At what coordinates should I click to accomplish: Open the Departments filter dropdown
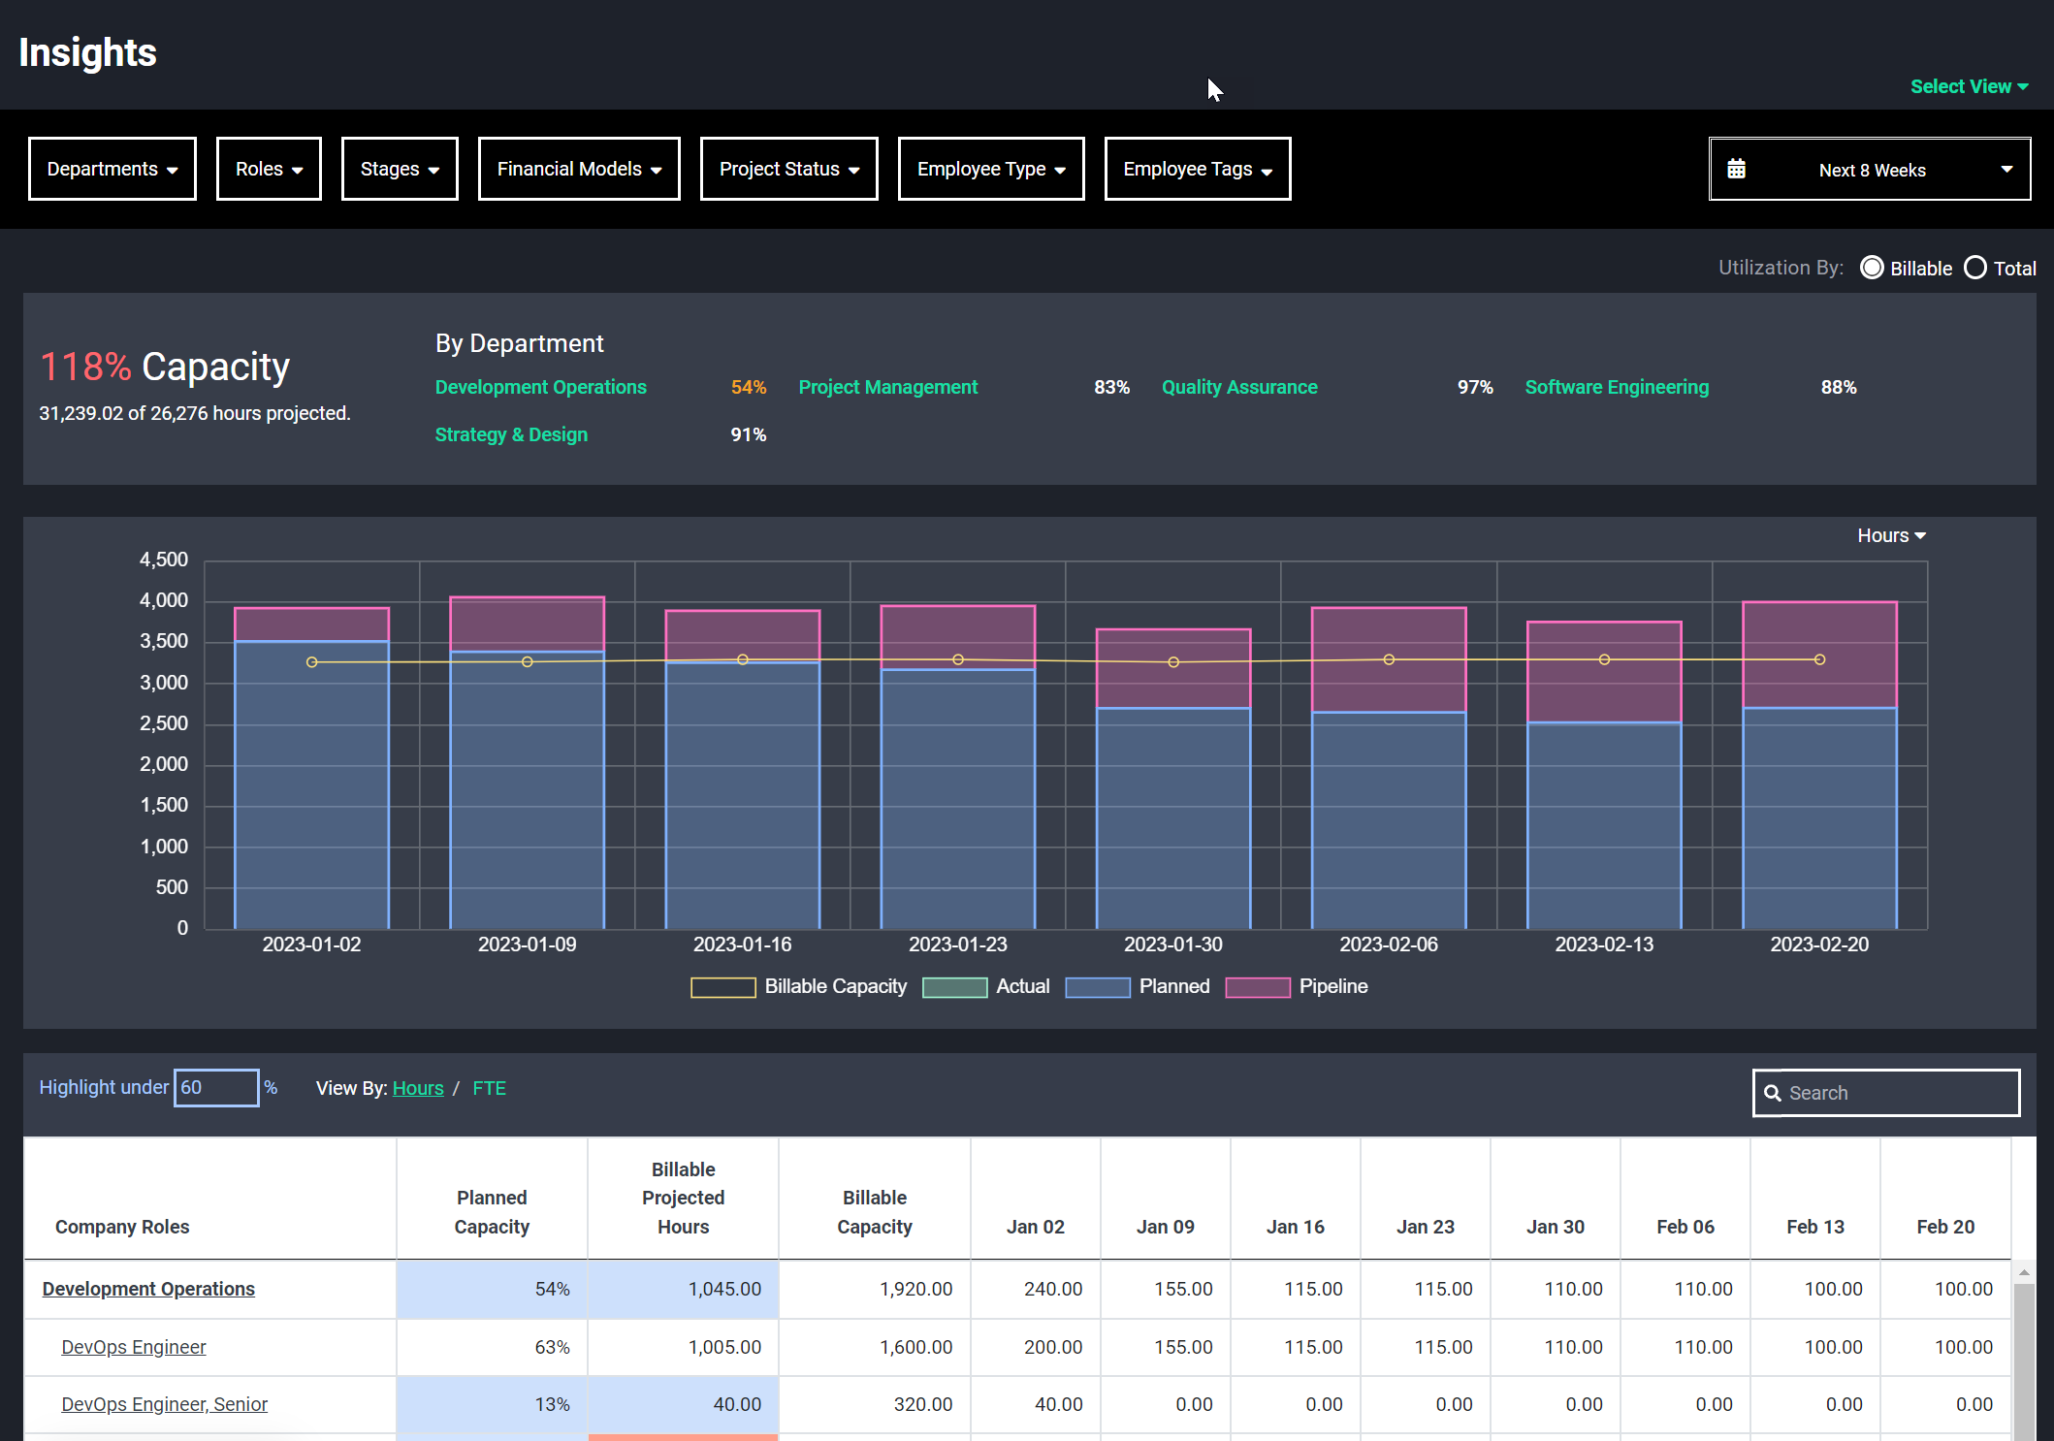pyautogui.click(x=112, y=169)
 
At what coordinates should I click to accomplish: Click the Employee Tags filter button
pyautogui.click(x=1197, y=169)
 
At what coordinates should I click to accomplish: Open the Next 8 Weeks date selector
pyautogui.click(x=1869, y=170)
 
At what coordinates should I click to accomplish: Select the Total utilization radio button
pyautogui.click(x=1975, y=268)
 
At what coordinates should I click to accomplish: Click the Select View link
pyautogui.click(x=1968, y=86)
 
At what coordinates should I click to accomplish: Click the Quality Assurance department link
pyautogui.click(x=1238, y=387)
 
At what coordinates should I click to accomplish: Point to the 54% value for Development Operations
pyautogui.click(x=748, y=387)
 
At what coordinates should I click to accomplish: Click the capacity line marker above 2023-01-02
pyautogui.click(x=311, y=662)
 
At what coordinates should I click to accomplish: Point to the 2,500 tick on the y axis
pyautogui.click(x=164, y=723)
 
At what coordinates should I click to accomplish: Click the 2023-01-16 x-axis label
pyautogui.click(x=742, y=945)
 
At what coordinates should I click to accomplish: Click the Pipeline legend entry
pyautogui.click(x=1297, y=986)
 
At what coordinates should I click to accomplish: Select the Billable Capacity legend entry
pyautogui.click(x=799, y=986)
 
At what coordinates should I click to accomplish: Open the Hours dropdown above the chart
pyautogui.click(x=1890, y=535)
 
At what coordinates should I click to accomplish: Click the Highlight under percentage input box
pyautogui.click(x=215, y=1087)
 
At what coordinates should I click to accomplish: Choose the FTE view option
pyautogui.click(x=489, y=1088)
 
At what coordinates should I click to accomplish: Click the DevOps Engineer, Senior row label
pyautogui.click(x=164, y=1404)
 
